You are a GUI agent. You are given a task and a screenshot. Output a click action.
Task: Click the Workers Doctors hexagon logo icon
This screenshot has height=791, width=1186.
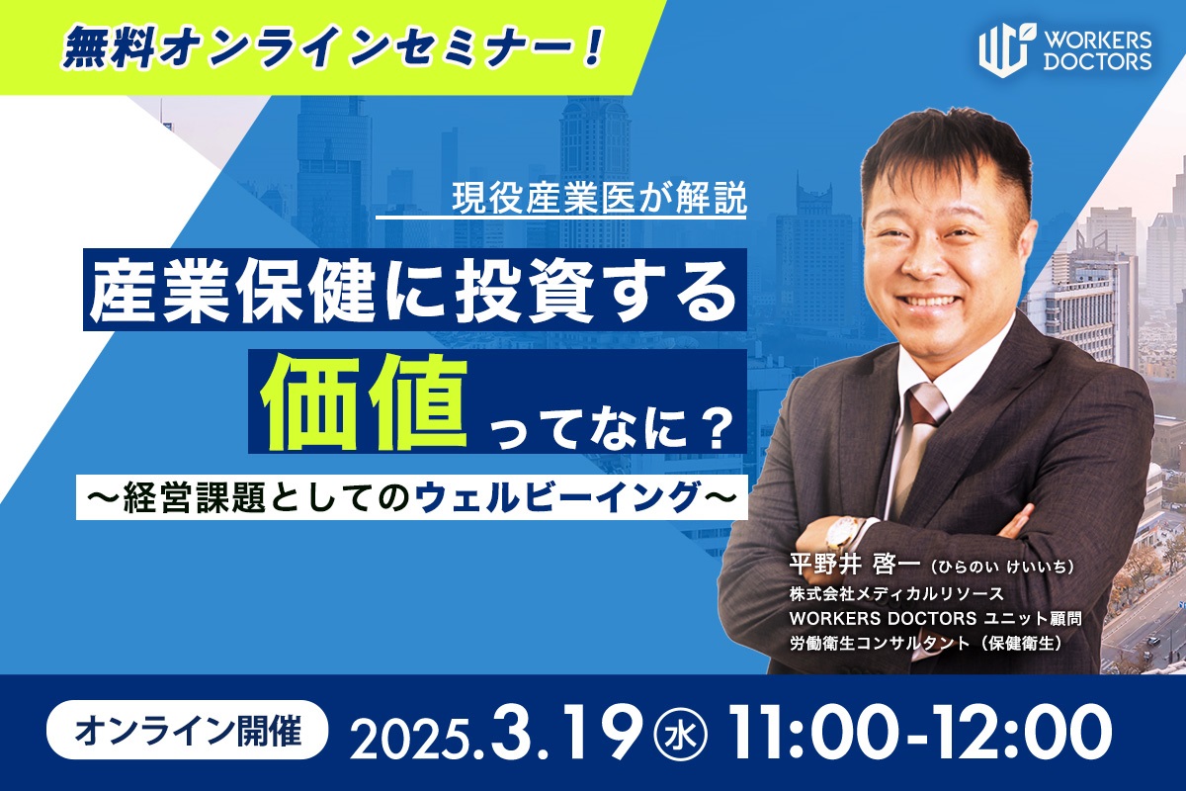pos(1003,50)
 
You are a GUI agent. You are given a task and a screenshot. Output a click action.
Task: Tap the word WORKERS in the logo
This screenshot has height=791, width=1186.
pos(1098,41)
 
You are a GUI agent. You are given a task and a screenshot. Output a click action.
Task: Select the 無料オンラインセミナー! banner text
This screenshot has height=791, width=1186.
pos(333,48)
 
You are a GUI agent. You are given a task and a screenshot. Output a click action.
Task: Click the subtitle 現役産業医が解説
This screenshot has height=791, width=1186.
pos(599,198)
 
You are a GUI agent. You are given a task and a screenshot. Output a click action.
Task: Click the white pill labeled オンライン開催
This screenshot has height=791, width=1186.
pos(188,730)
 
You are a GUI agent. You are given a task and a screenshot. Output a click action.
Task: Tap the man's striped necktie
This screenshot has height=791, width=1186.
pos(922,435)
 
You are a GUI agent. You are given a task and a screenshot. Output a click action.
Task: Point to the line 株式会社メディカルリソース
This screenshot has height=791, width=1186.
pos(896,594)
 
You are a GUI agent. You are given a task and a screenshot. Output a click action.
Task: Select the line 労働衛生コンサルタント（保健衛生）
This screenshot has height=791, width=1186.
pos(926,644)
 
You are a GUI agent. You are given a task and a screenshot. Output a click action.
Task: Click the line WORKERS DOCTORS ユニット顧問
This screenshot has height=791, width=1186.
pos(935,618)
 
